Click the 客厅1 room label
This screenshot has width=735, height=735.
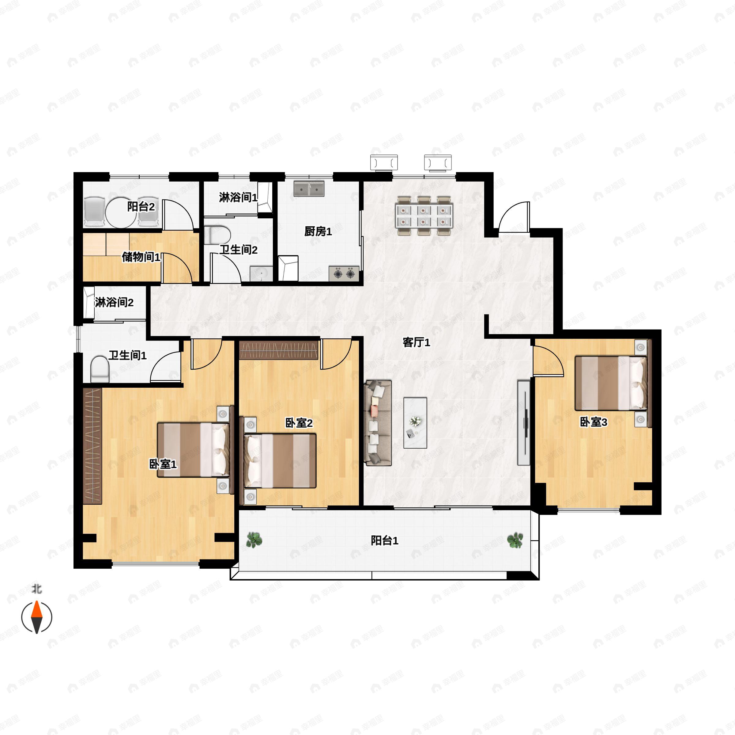[x=416, y=342]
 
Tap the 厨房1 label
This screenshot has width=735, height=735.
[x=318, y=231]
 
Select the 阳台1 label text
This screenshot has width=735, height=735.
[x=385, y=540]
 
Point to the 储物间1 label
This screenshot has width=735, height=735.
[x=141, y=257]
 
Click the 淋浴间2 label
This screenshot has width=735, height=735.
[x=114, y=303]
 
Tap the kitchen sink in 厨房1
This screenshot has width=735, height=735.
[x=309, y=189]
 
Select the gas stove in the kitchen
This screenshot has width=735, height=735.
[x=344, y=273]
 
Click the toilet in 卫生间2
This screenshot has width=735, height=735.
[x=217, y=235]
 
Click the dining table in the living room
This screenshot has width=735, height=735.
[x=424, y=215]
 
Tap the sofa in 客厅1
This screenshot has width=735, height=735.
[x=378, y=422]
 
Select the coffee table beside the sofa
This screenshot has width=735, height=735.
[x=415, y=423]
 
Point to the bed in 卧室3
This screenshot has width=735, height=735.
[x=611, y=383]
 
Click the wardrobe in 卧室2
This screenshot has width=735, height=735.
[x=278, y=350]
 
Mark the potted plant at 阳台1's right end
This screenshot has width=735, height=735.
[x=515, y=540]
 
